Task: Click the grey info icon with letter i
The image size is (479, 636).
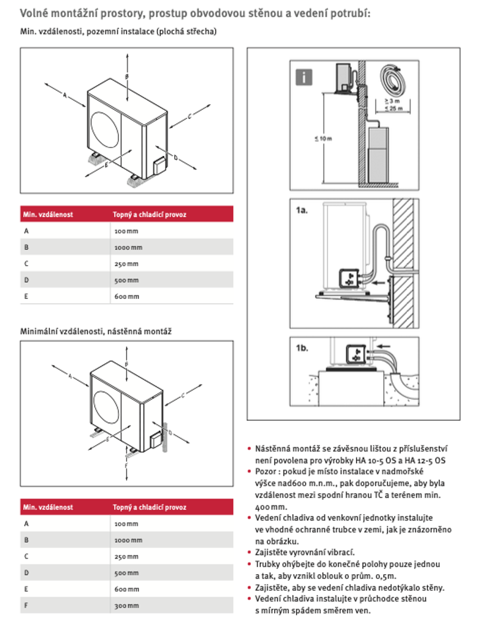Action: click(304, 77)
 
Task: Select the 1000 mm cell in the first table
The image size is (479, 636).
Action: click(128, 247)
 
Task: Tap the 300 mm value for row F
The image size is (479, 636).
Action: click(126, 605)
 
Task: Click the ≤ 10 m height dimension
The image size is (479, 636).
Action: click(323, 138)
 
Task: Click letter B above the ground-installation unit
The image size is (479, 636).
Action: click(127, 77)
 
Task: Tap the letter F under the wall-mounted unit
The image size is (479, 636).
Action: click(127, 466)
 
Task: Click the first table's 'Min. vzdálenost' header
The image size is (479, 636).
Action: click(48, 215)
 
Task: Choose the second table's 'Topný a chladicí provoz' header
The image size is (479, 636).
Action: click(149, 507)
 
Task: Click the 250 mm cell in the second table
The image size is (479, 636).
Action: click(126, 556)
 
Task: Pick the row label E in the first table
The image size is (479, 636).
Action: click(26, 296)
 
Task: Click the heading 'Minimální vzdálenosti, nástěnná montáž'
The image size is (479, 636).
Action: click(96, 330)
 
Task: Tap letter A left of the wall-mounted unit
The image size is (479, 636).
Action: click(70, 376)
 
